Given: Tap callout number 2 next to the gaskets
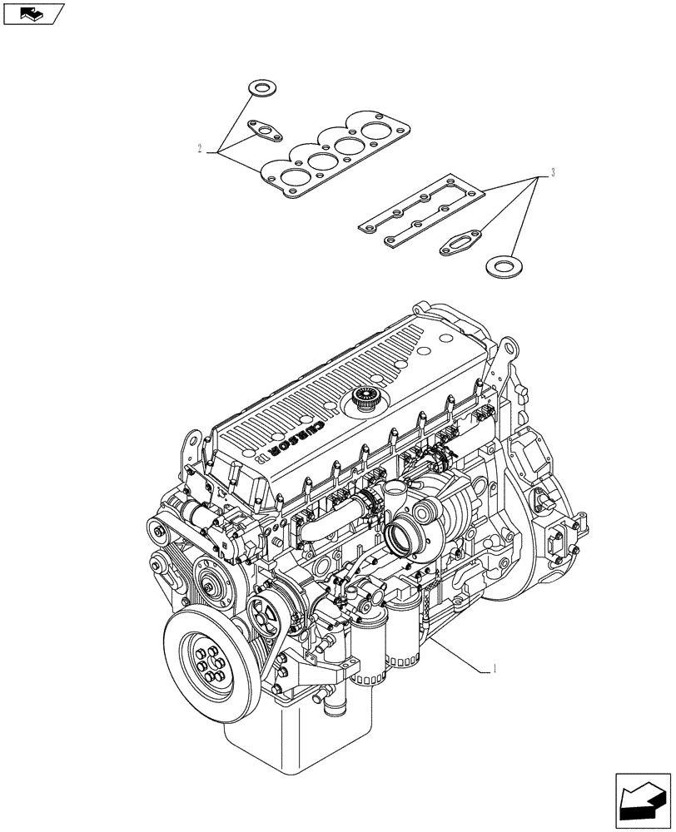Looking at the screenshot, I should (201, 149).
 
